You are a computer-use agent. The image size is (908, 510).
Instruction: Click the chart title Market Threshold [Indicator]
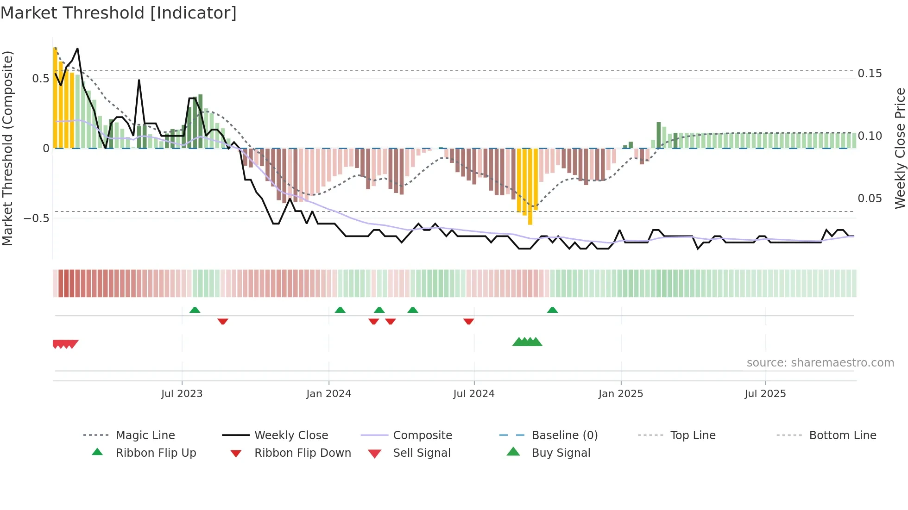click(119, 13)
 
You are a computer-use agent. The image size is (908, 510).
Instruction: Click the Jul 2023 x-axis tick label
click(182, 394)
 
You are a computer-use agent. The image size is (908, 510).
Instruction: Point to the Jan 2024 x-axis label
click(328, 394)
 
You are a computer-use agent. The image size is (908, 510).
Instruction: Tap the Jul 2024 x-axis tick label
click(473, 394)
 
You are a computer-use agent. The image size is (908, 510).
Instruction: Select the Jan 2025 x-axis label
click(620, 394)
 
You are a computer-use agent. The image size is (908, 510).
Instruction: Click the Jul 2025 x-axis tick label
click(765, 394)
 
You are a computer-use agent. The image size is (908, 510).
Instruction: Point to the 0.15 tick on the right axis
click(870, 74)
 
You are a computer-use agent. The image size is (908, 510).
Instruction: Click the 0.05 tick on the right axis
click(870, 199)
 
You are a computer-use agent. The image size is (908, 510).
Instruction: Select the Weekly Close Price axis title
click(900, 148)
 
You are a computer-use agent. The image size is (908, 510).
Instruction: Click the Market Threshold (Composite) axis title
click(7, 148)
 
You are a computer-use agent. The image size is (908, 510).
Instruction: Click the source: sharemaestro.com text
click(820, 363)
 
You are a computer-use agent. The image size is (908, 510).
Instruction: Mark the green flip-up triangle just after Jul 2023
click(195, 310)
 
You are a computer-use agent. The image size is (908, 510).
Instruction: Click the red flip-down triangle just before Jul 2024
click(468, 321)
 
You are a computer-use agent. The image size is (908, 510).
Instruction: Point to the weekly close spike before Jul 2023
click(139, 81)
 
